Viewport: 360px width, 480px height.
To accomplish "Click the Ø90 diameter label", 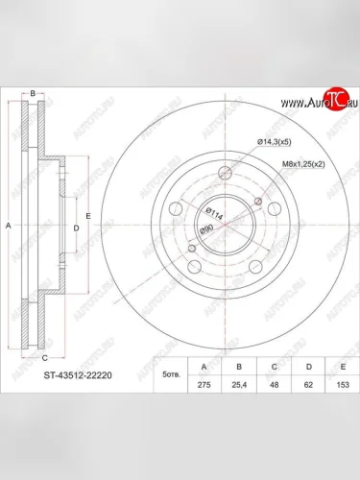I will click(205, 229).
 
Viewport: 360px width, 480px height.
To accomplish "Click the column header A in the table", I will click(202, 365).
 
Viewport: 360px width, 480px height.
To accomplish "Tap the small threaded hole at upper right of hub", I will click(258, 199).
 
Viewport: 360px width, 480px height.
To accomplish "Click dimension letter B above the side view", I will click(34, 92).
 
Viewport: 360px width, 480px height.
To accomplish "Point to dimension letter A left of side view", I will click(9, 226).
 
